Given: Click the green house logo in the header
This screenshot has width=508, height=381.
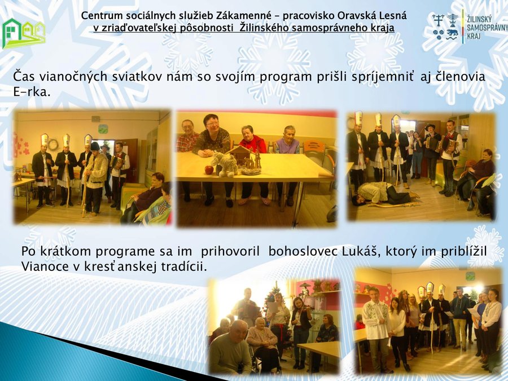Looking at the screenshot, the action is (x=23, y=34).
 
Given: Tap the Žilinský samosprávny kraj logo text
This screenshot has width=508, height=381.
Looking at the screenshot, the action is (x=487, y=28).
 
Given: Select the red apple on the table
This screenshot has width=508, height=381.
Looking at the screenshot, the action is (x=209, y=170).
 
